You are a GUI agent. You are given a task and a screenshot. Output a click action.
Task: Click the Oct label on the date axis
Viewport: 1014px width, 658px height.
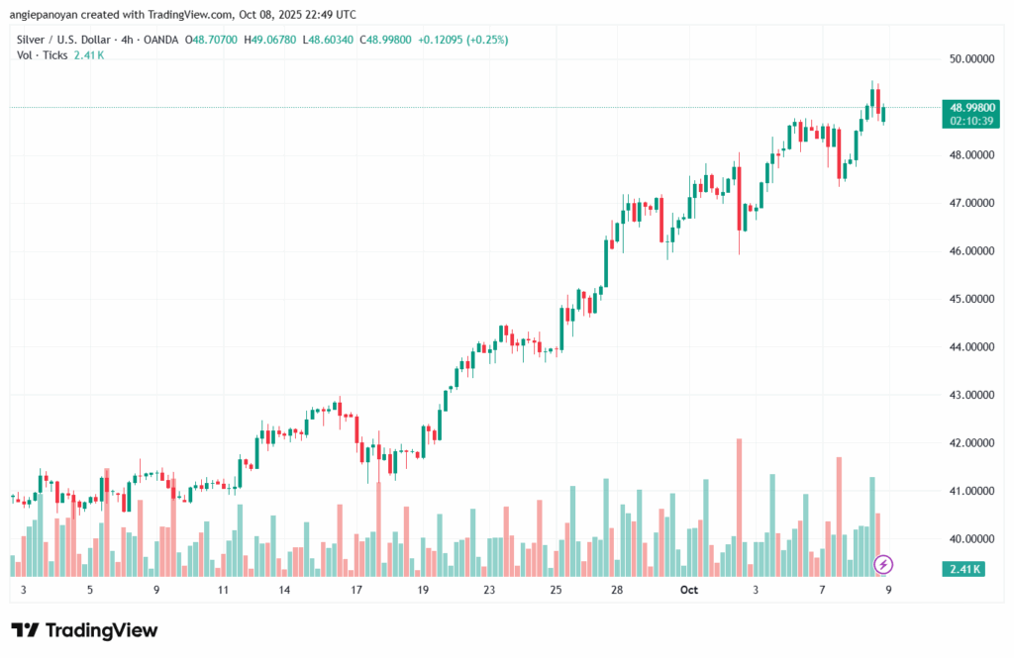point(689,590)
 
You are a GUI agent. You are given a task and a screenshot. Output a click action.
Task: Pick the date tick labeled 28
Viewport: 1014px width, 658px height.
point(616,590)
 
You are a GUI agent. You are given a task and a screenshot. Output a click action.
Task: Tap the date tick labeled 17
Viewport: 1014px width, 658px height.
point(356,590)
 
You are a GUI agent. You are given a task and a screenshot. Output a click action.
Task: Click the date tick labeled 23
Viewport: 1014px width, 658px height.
point(489,590)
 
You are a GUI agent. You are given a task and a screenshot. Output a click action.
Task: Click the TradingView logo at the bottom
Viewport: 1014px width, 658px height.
point(84,630)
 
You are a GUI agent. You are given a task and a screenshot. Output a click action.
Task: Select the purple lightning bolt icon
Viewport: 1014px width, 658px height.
point(884,565)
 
